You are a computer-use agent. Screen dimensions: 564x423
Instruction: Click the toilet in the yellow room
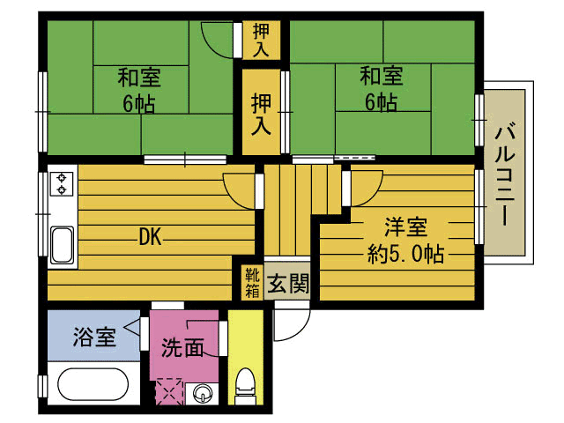[x=246, y=386]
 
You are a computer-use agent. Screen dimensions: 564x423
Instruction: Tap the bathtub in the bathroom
[x=93, y=384]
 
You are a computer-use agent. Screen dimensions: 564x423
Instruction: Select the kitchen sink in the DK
[x=62, y=245]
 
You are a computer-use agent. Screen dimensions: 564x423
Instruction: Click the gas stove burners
[x=62, y=183]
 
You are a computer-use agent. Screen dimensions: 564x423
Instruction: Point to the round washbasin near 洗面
[x=202, y=394]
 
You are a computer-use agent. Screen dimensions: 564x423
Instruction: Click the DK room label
[x=151, y=237]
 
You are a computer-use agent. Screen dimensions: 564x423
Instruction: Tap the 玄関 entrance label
[x=288, y=283]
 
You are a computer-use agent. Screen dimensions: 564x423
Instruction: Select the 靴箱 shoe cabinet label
[x=252, y=283]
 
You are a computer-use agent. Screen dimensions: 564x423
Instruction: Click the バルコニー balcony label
[x=506, y=174]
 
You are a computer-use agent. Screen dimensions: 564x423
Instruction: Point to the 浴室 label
[x=94, y=337]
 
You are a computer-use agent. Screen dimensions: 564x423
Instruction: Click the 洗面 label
[x=182, y=348]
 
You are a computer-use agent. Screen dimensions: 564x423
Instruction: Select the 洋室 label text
[x=405, y=227]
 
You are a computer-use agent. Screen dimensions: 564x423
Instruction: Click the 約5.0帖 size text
[x=405, y=254]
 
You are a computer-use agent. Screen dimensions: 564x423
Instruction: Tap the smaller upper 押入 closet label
[x=261, y=40]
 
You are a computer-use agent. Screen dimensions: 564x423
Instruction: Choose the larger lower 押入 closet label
[x=261, y=115]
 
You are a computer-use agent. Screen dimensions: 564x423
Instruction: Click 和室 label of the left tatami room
[x=139, y=78]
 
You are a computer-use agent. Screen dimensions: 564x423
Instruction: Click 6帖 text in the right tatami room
[x=382, y=102]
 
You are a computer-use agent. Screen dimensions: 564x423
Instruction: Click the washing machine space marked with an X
[x=169, y=391]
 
